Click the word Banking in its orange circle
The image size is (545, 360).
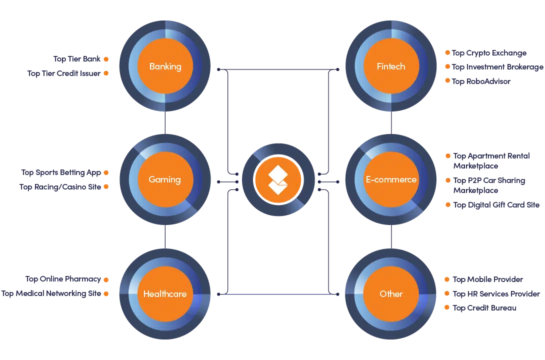tap(165, 66)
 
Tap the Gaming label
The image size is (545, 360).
tap(165, 179)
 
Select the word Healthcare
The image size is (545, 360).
tap(165, 293)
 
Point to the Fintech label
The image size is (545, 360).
tap(391, 66)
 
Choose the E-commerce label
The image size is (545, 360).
tap(391, 179)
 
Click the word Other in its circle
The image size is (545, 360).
tap(391, 293)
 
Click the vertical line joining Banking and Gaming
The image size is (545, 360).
tap(165, 122)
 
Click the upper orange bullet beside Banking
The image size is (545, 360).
tap(106, 59)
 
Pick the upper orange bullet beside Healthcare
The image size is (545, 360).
tap(106, 279)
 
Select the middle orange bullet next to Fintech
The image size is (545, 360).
tap(447, 66)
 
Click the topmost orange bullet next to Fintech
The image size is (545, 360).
tap(447, 52)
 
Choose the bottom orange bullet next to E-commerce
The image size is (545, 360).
tap(447, 204)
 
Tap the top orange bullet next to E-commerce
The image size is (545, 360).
tap(447, 156)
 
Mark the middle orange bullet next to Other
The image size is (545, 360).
tap(447, 294)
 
